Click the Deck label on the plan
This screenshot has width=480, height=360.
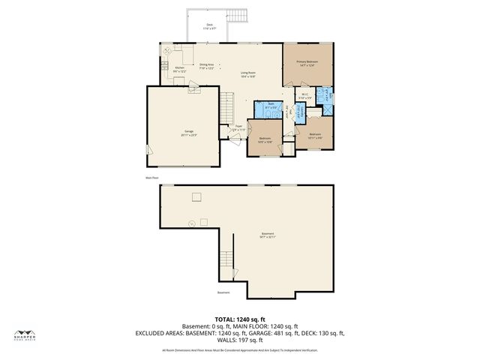210,26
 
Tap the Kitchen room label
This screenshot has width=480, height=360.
179,69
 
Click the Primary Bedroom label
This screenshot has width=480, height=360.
307,63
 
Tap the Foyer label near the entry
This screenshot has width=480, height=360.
238,127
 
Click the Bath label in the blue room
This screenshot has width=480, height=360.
271,106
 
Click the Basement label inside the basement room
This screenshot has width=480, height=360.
268,235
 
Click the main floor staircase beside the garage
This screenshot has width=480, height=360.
227,109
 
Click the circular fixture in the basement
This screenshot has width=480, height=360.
191,223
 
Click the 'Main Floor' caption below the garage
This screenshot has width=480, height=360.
153,178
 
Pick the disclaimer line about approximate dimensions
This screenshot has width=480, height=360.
240,350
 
